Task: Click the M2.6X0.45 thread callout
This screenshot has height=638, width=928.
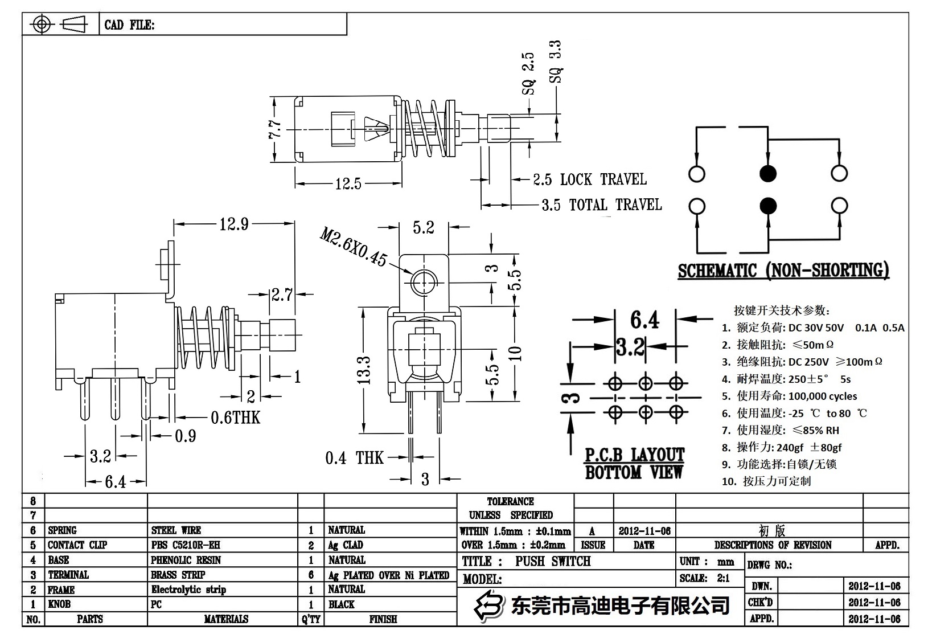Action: click(354, 247)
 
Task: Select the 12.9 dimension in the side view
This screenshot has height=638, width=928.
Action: click(234, 224)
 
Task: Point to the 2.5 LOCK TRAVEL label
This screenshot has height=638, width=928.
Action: click(589, 179)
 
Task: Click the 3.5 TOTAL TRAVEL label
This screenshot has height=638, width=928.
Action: click(601, 205)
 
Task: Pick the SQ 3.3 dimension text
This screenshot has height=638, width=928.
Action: click(556, 62)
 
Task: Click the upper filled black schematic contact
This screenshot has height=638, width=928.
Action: click(768, 173)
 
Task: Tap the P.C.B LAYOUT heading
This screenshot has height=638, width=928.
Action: click(634, 455)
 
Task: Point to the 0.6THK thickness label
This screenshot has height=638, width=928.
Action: click(235, 418)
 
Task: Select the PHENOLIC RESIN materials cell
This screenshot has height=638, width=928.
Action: click(186, 560)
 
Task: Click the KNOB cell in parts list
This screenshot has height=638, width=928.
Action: click(59, 604)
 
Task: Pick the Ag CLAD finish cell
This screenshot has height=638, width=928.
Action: click(345, 545)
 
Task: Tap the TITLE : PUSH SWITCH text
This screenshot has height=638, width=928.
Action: click(526, 561)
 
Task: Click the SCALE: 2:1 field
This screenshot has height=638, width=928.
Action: click(704, 578)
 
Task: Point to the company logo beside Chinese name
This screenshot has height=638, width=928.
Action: click(490, 605)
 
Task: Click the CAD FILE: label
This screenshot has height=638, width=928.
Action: click(129, 25)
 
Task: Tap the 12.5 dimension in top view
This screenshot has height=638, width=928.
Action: click(348, 183)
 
